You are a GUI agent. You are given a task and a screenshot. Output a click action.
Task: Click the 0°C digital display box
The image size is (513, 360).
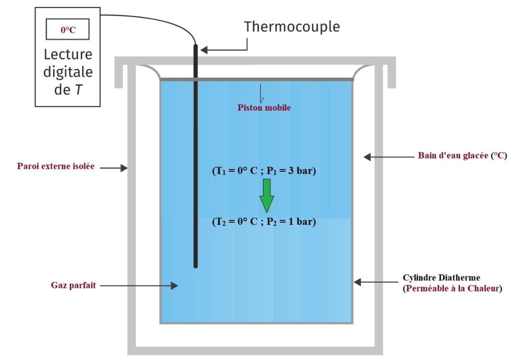tap(68, 30)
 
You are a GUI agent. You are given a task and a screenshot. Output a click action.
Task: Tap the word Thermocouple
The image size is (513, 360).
tap(292, 27)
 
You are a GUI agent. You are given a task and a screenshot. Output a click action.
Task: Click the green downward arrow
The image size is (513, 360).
tap(267, 196)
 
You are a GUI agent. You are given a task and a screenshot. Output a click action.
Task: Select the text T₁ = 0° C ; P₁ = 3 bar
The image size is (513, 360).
tap(264, 171)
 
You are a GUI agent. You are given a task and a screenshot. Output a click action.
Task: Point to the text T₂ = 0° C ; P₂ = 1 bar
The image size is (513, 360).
tap(264, 221)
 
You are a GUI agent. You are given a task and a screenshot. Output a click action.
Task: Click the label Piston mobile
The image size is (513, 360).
tap(264, 107)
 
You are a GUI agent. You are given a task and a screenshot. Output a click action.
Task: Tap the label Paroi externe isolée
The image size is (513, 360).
tap(56, 166)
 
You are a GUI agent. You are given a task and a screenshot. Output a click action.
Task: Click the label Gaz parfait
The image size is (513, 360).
tap(73, 285)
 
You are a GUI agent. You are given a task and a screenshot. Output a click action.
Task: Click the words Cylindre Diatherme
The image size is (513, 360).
tap(441, 277)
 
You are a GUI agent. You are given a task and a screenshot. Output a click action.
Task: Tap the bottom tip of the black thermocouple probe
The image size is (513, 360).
tap(195, 265)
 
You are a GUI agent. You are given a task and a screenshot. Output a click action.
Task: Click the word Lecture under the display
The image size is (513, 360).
tap(68, 54)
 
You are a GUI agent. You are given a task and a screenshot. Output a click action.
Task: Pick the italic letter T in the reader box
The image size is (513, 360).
tap(80, 90)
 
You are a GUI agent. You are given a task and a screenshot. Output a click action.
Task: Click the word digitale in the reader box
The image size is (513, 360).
tap(68, 72)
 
